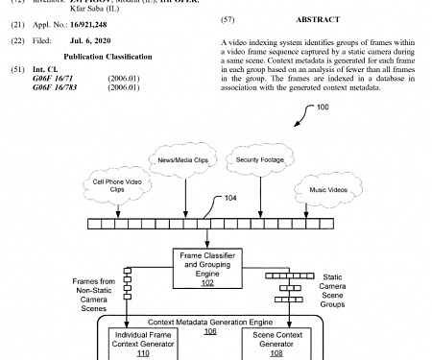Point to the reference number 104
[x=231, y=200]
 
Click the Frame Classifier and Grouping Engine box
[x=208, y=264]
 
